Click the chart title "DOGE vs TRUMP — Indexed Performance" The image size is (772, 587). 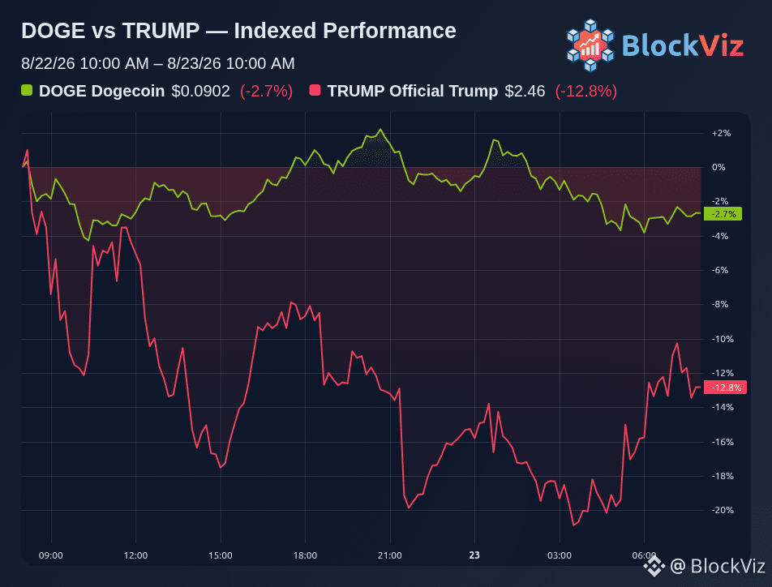(238, 31)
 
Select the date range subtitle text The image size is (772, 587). (158, 63)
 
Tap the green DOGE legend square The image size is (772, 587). (27, 90)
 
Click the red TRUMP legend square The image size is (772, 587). (315, 90)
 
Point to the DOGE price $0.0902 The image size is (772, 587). (200, 91)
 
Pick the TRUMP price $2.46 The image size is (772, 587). (525, 91)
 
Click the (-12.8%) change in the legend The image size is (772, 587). (585, 91)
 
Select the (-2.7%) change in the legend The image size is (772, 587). (266, 91)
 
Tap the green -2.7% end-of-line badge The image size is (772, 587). (723, 214)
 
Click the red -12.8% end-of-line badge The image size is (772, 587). (725, 388)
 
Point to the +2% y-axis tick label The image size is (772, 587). (721, 134)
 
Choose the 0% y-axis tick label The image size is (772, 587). (718, 168)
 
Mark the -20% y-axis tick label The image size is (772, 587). (723, 510)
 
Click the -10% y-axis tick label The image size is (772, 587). (723, 339)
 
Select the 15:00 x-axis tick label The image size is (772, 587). (220, 555)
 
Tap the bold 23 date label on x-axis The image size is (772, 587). (474, 555)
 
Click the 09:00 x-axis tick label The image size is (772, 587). (51, 555)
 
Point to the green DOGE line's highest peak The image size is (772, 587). (380, 130)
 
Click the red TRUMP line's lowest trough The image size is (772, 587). (573, 525)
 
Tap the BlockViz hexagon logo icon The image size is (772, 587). (590, 45)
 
